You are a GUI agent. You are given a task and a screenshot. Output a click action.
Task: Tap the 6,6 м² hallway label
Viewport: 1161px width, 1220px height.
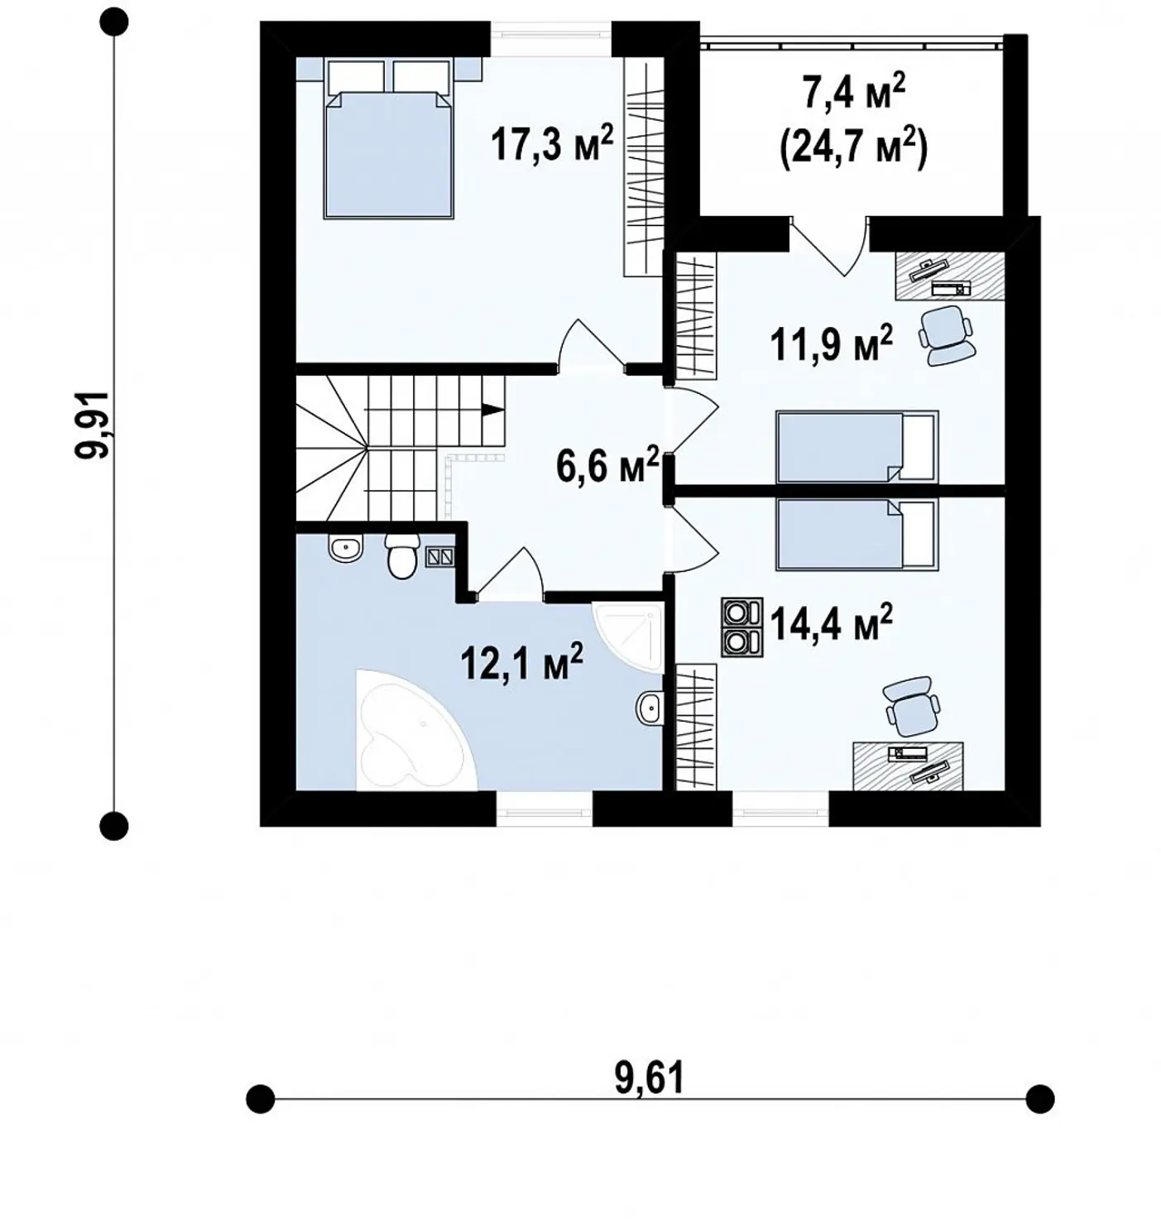(x=607, y=465)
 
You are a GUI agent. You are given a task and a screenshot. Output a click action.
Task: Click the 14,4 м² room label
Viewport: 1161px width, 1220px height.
(x=831, y=622)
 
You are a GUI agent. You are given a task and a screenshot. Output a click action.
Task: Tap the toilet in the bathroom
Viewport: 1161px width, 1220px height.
(x=401, y=556)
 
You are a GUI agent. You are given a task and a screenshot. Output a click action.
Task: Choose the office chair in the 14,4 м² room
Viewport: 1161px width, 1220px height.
(x=910, y=707)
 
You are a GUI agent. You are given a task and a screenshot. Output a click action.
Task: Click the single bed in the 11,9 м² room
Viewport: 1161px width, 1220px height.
(x=857, y=446)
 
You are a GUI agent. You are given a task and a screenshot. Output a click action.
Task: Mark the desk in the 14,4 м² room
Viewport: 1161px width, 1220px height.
(x=908, y=766)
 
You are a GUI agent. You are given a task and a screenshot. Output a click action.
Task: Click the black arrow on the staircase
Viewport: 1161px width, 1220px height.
(x=492, y=409)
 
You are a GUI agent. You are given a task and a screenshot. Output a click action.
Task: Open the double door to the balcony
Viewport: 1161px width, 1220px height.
(x=829, y=247)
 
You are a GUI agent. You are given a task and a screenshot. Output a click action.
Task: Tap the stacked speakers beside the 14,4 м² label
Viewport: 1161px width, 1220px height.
(x=741, y=627)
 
